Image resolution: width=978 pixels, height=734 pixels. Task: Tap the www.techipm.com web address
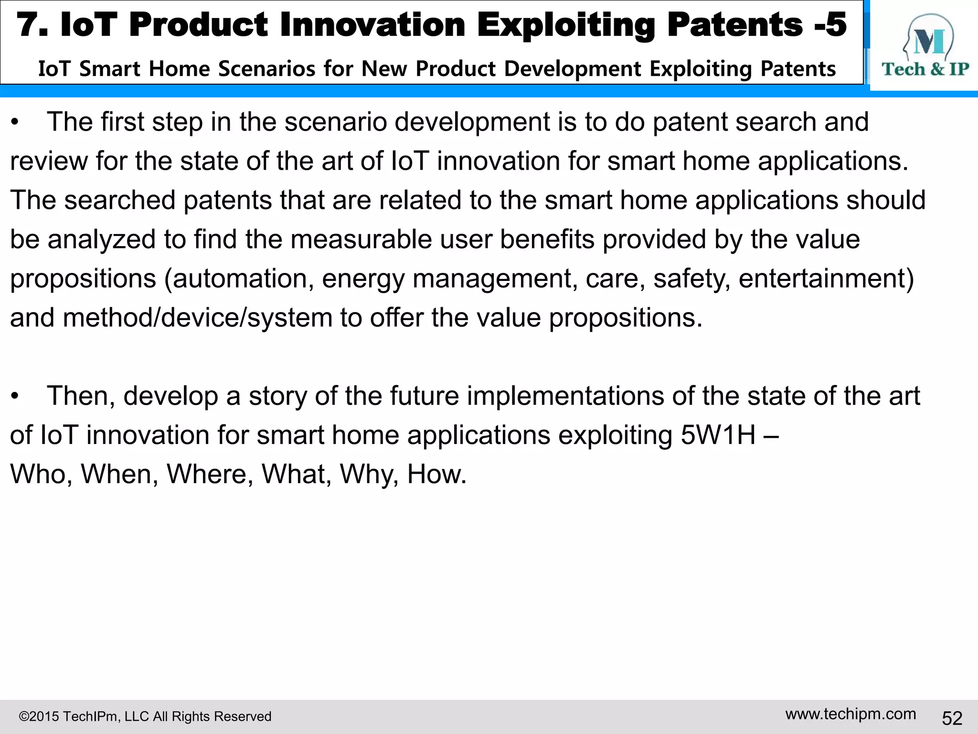pos(850,714)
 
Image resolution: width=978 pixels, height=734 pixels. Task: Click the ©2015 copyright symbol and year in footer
pos(38,716)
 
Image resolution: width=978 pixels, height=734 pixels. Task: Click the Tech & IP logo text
pos(925,69)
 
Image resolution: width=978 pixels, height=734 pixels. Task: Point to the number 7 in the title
pos(28,25)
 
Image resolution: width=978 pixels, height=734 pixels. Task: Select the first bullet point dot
pos(15,122)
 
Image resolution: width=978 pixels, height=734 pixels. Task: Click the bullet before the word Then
pos(15,397)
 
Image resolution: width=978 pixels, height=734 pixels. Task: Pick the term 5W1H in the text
pos(718,435)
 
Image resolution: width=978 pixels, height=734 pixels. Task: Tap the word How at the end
pos(436,474)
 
